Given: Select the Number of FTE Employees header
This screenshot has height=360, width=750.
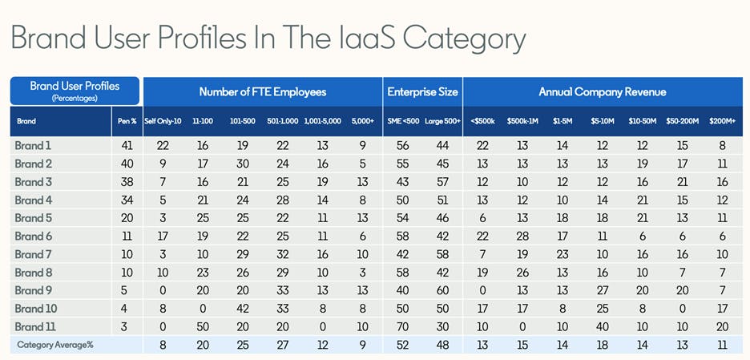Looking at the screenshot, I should pos(262,91).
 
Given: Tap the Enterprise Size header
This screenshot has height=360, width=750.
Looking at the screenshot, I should pos(422,91).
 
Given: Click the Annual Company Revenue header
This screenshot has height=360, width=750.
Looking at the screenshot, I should pos(602,91).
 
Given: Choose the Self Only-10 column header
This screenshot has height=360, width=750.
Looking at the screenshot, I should pos(163,123).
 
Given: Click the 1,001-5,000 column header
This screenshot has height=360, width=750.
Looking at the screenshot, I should pos(323,123).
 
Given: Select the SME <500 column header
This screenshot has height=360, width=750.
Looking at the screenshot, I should pos(404,123).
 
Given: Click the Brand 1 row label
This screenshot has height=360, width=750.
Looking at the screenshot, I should pos(33,145).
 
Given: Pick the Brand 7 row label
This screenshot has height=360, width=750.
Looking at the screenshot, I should pos(33,254).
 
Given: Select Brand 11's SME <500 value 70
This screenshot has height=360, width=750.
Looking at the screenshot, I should pos(404,327).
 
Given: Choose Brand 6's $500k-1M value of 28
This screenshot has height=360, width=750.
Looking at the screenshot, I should pos(522,237).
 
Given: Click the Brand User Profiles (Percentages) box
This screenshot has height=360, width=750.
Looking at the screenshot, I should pos(75,91).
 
